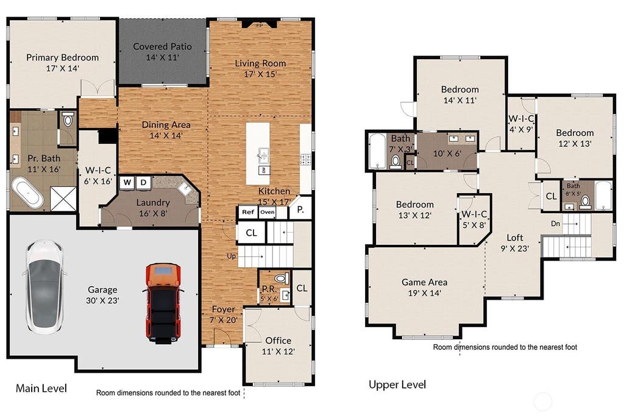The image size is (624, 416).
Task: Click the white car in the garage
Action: pos(44,286)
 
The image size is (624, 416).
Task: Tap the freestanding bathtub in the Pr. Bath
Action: pos(27,193)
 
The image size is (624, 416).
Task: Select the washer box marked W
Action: pos(127,183)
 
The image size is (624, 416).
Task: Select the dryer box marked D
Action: pos(144,183)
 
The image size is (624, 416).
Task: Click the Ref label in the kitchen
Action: pos(248,212)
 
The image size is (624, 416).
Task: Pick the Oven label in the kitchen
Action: pos(267,212)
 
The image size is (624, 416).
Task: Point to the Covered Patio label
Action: pos(162,46)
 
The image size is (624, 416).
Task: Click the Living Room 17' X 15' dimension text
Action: pos(260,74)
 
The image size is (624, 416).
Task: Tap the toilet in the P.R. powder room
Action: pos(282,278)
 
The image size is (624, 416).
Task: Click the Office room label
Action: pos(278,340)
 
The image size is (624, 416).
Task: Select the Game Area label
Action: pos(424,283)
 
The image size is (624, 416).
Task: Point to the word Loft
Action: pos(514,238)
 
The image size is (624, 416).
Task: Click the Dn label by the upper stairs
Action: pos(556,224)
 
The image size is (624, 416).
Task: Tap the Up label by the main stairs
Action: pos(231,256)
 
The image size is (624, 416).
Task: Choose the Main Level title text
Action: pos(41,388)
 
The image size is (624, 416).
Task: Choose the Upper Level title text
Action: pos(397,384)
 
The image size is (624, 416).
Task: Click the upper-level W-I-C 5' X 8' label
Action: pos(474,219)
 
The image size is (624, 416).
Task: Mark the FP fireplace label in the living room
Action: pos(260,26)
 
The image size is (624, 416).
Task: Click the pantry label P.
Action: pos(300,209)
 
